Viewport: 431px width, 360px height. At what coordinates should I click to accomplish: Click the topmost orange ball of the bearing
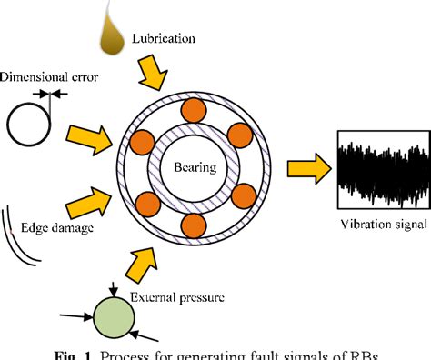point(193,114)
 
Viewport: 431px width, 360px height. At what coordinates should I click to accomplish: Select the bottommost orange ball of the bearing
point(194,225)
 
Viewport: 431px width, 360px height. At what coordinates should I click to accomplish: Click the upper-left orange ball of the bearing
point(142,143)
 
